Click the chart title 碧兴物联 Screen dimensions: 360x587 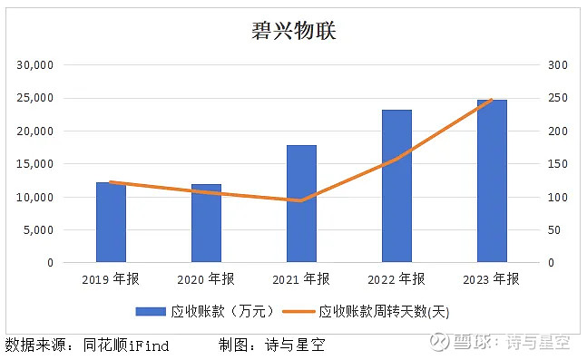(x=293, y=30)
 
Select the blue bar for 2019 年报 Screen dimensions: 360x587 (x=111, y=223)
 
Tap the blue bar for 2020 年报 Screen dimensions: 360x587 (x=206, y=224)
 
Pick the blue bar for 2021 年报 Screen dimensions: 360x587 (x=301, y=204)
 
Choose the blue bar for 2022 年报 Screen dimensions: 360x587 (x=396, y=187)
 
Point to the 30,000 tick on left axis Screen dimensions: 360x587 (x=36, y=65)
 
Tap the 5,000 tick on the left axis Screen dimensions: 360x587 (x=40, y=230)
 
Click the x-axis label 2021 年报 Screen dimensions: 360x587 (x=301, y=278)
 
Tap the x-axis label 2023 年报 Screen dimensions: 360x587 (x=492, y=278)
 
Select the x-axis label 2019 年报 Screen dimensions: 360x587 (x=111, y=278)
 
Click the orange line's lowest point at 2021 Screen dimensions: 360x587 (x=301, y=200)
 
